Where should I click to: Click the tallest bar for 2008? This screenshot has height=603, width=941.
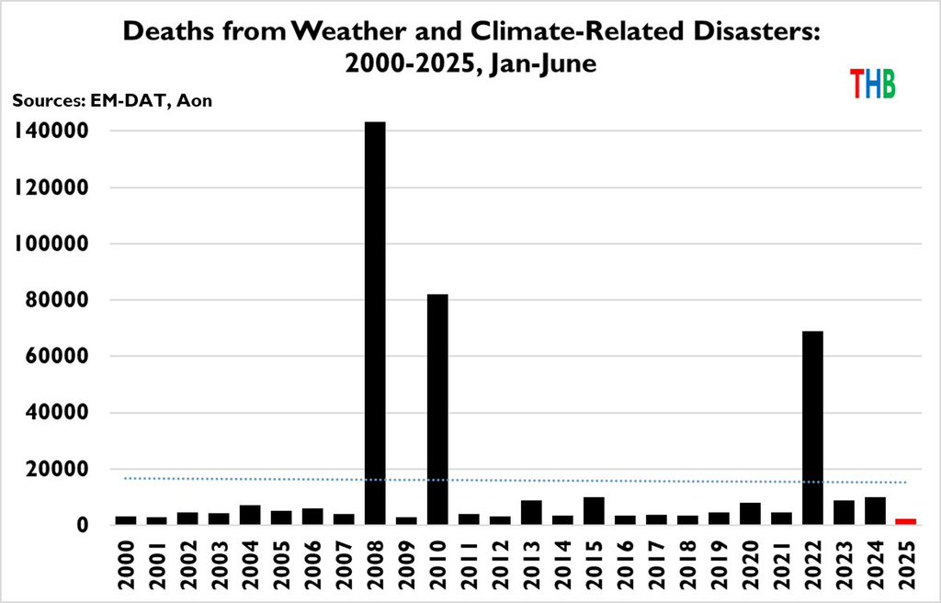click(x=375, y=323)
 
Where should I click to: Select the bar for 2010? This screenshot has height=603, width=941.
click(x=437, y=409)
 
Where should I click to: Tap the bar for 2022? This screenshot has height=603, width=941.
click(x=812, y=427)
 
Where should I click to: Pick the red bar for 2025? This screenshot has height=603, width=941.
click(x=906, y=521)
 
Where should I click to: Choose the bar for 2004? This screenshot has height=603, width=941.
click(x=250, y=515)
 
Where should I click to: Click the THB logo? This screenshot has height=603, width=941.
click(x=872, y=84)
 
